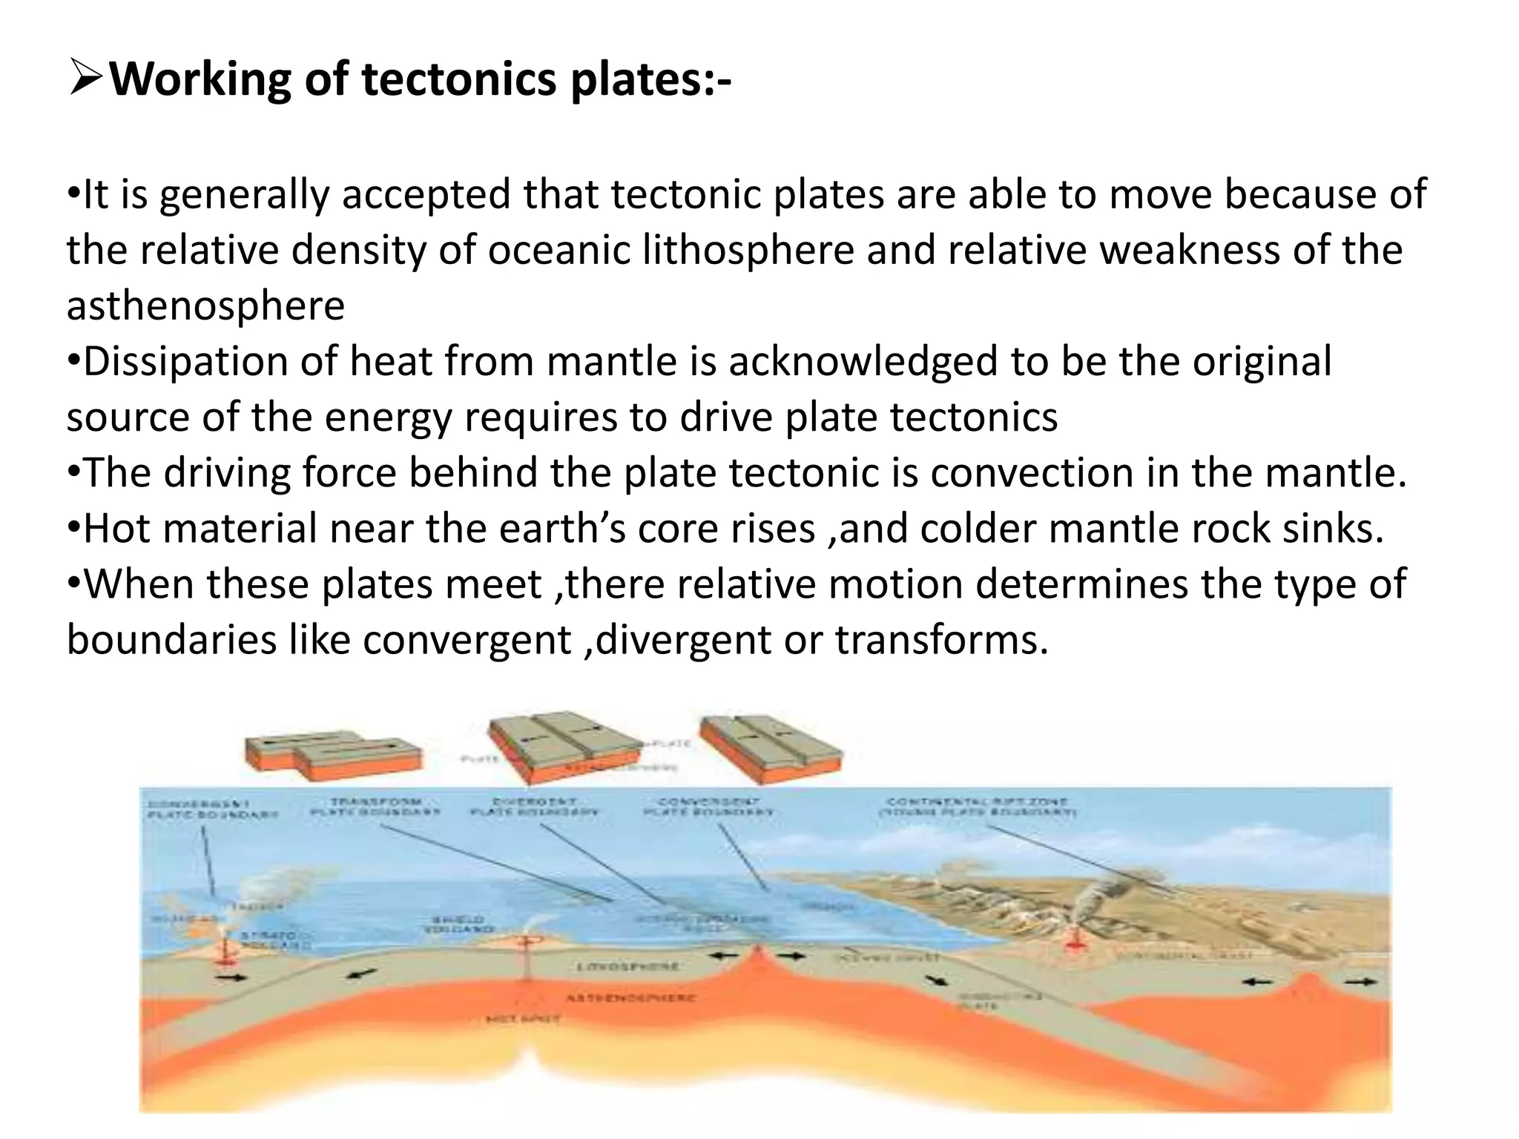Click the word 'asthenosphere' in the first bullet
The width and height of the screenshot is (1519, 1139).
(x=205, y=306)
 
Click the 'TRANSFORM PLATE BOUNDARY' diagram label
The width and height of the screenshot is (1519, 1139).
(x=375, y=807)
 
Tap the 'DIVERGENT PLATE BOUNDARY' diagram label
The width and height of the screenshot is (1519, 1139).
(x=534, y=807)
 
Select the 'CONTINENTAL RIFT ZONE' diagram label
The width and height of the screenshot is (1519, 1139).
(x=977, y=807)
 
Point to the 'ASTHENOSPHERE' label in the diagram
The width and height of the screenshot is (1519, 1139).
(x=630, y=998)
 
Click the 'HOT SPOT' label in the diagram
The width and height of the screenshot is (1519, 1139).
(x=524, y=1020)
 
